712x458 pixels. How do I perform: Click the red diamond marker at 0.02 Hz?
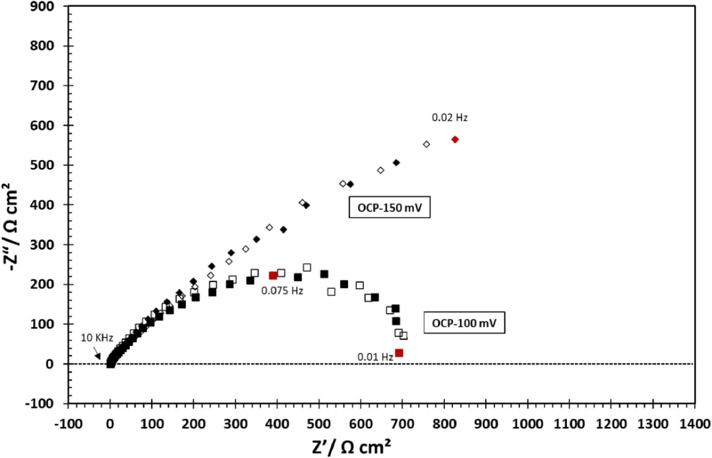(455, 139)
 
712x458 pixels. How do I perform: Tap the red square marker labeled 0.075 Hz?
(273, 275)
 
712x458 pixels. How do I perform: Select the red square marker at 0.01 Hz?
(399, 353)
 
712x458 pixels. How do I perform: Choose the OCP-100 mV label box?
(463, 324)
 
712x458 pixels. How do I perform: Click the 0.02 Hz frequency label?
(450, 118)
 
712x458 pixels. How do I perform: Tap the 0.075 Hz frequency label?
(282, 290)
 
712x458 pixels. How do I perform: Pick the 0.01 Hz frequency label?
(375, 357)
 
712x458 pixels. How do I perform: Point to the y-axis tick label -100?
(43, 403)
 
